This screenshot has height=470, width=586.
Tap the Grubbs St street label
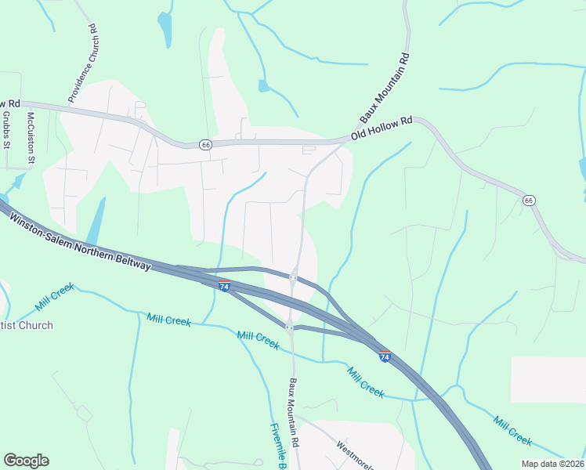click(x=5, y=130)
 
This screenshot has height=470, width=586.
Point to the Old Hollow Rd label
click(x=382, y=128)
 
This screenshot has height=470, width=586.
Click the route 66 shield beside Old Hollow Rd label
click(x=205, y=144)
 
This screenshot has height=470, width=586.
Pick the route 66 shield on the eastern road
click(x=529, y=201)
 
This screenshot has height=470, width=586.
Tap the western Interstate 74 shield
click(x=224, y=287)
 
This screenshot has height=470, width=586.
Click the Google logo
click(x=26, y=461)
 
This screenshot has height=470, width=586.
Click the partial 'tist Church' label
click(x=27, y=325)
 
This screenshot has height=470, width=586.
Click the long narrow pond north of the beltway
click(x=96, y=222)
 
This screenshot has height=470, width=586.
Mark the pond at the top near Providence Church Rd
click(x=165, y=29)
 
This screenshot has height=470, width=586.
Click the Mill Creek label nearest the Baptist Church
click(x=54, y=297)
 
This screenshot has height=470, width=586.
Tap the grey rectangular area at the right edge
click(x=548, y=380)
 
